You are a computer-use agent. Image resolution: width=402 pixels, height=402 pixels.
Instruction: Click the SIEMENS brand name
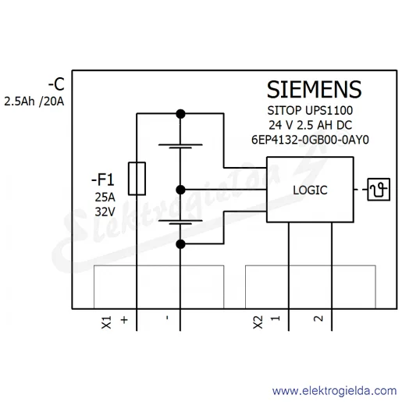(x=314, y=90)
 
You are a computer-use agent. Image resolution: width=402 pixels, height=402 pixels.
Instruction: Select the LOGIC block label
(x=310, y=190)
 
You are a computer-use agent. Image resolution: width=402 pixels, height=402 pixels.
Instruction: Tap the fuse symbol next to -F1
(x=137, y=179)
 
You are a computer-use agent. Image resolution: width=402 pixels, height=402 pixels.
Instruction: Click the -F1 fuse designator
(x=103, y=180)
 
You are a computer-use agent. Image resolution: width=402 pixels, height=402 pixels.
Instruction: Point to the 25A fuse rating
(x=105, y=197)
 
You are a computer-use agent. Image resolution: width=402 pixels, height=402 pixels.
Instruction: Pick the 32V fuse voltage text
(x=105, y=212)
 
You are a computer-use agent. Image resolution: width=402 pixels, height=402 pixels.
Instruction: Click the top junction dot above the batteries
(x=180, y=114)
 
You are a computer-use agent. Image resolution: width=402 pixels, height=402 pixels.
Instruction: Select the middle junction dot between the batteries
(x=180, y=190)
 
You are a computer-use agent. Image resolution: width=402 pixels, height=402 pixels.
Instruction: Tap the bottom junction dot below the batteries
(x=180, y=244)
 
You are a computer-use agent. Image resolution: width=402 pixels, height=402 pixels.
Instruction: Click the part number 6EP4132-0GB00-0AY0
(x=310, y=140)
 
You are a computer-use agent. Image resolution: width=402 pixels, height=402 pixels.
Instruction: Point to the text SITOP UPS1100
(x=310, y=111)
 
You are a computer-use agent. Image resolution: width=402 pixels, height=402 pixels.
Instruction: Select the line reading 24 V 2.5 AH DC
(x=310, y=125)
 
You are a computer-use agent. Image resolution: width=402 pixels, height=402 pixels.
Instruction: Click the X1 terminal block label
(x=107, y=322)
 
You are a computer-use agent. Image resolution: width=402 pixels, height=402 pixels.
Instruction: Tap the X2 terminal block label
(x=258, y=322)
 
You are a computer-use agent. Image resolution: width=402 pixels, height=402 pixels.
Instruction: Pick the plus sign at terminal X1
(x=124, y=320)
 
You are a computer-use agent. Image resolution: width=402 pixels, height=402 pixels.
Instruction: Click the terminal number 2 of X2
(x=318, y=318)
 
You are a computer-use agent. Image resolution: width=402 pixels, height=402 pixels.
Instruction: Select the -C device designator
(x=56, y=84)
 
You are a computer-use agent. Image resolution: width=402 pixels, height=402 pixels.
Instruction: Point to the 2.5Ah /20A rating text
(x=34, y=101)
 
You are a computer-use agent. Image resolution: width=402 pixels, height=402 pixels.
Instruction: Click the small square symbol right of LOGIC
(x=379, y=190)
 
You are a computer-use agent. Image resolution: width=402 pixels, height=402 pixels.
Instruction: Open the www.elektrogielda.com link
(x=335, y=391)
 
